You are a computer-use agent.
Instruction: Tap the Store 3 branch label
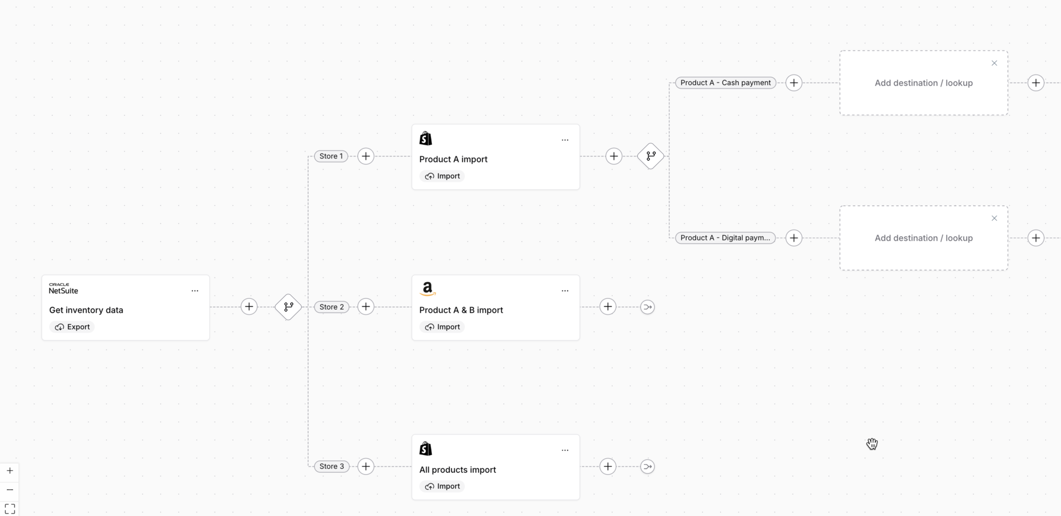pyautogui.click(x=331, y=466)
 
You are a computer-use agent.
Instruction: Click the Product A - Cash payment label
pyautogui.click(x=725, y=83)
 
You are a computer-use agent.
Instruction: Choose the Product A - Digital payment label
pyautogui.click(x=725, y=238)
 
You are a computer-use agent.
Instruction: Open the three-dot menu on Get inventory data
pyautogui.click(x=195, y=291)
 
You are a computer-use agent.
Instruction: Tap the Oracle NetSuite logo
pyautogui.click(x=63, y=289)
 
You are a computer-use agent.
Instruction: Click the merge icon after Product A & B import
pyautogui.click(x=647, y=307)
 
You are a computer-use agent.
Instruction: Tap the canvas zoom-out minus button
pyautogui.click(x=10, y=490)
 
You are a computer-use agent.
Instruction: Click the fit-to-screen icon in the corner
pyautogui.click(x=10, y=509)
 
